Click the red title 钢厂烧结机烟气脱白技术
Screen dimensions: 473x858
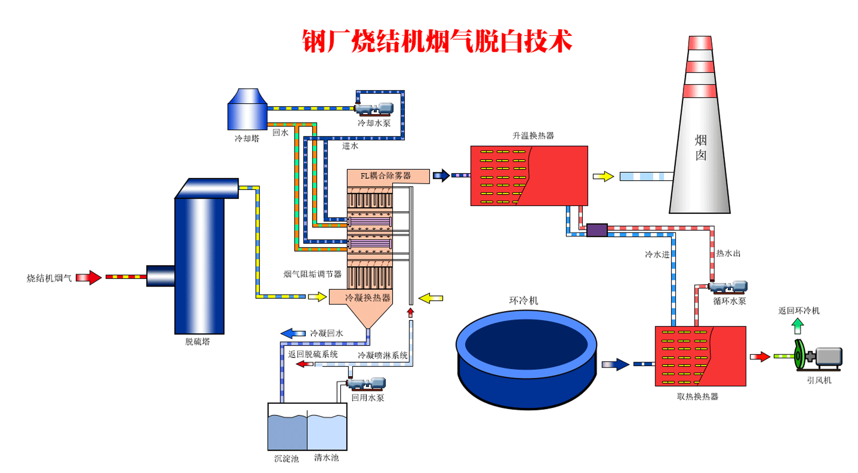[437, 42]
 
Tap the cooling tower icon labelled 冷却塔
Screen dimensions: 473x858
[247, 110]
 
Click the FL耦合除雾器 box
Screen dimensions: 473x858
[387, 176]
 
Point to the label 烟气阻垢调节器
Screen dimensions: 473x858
[312, 274]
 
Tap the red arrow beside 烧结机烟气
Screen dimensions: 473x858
[89, 278]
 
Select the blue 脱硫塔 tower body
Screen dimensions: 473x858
[199, 264]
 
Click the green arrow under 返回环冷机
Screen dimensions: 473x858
[798, 326]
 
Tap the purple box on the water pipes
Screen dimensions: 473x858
[597, 230]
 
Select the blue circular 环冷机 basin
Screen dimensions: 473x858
[526, 358]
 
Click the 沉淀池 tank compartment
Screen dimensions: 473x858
[287, 431]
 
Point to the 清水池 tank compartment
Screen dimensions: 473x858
[327, 431]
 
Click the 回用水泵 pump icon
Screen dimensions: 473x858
[366, 384]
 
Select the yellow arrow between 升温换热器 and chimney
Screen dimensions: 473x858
[603, 177]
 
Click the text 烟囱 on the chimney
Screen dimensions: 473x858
[701, 148]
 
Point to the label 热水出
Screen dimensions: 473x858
[728, 253]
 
